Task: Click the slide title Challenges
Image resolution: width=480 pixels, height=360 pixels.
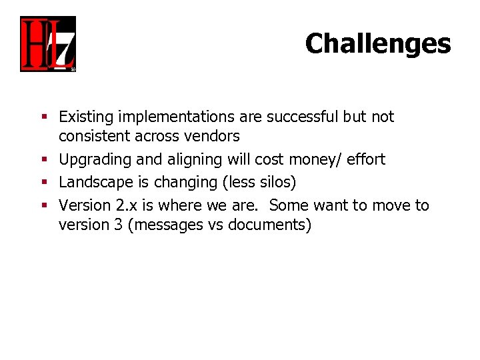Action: tap(377, 44)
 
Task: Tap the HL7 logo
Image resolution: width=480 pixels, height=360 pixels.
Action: tap(48, 44)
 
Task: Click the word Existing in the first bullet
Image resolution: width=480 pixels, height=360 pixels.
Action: tap(86, 117)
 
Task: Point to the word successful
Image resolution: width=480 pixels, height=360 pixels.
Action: tap(302, 117)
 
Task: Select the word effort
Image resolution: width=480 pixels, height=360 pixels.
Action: tap(365, 160)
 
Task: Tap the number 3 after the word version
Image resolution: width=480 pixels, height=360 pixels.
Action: tap(117, 225)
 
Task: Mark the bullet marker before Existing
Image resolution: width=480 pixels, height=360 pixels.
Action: tap(45, 118)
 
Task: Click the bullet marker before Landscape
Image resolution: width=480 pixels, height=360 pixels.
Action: tap(45, 183)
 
